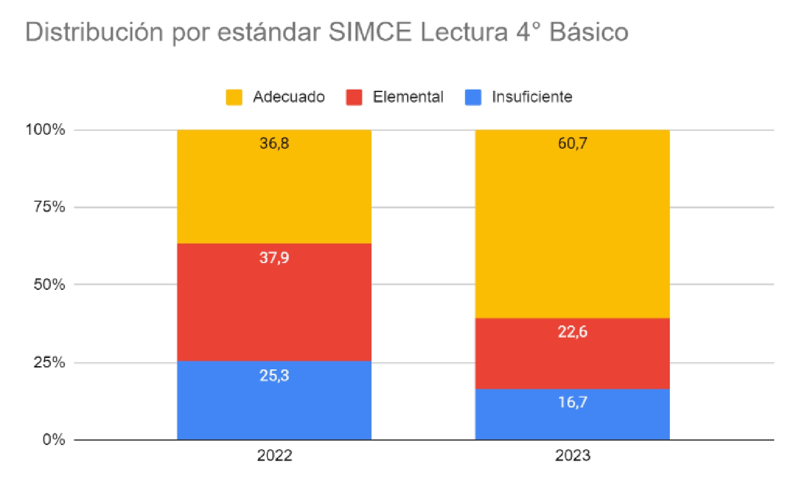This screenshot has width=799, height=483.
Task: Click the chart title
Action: [327, 32]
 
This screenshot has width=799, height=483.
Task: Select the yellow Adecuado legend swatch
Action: [234, 97]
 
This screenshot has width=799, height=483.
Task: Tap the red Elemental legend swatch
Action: [354, 97]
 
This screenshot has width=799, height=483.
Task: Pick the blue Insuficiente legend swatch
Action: [473, 97]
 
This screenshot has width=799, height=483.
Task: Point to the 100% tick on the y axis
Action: [45, 130]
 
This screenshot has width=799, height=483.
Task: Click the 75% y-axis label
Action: [49, 207]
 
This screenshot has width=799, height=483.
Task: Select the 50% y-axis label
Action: [49, 284]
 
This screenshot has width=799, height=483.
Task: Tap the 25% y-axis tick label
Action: [49, 362]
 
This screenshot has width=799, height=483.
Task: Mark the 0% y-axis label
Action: [54, 439]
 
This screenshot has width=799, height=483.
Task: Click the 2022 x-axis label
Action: [274, 455]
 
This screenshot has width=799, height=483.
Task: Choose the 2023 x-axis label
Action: [572, 455]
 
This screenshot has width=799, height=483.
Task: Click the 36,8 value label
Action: [274, 143]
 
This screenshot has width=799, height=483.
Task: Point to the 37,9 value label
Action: [274, 257]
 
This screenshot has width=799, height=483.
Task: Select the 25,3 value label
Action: [274, 375]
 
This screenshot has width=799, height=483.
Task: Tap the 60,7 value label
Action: [572, 143]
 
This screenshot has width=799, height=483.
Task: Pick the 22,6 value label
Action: [572, 332]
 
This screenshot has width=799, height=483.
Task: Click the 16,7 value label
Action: [572, 402]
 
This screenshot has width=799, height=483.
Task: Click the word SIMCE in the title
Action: [370, 32]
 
